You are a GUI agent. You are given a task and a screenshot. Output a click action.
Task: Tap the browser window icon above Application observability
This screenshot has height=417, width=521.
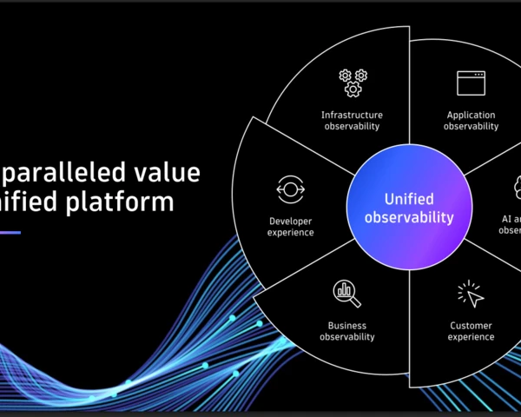coord(471,83)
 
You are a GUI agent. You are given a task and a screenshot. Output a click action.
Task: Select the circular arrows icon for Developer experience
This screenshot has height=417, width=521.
coord(290,189)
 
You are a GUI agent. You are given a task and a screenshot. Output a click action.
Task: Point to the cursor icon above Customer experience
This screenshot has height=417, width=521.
coord(471,294)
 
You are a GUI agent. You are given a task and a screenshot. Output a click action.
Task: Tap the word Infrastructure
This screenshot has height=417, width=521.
coord(352,115)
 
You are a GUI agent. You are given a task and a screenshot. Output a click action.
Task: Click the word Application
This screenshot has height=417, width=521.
coord(471,115)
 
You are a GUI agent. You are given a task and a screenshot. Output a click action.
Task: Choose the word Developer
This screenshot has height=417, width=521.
coord(290,221)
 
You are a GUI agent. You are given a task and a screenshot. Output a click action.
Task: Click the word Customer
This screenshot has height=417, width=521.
coord(472,326)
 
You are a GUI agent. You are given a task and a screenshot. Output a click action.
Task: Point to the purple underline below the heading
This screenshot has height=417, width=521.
coord(10,232)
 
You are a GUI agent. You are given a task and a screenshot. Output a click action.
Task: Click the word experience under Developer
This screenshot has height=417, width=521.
coord(290,232)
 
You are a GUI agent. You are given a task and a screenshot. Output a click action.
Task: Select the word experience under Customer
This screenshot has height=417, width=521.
coord(472,337)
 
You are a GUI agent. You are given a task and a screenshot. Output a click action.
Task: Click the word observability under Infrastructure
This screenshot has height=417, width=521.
coord(352,126)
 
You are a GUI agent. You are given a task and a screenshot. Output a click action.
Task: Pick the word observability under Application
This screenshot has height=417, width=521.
coord(471,126)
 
